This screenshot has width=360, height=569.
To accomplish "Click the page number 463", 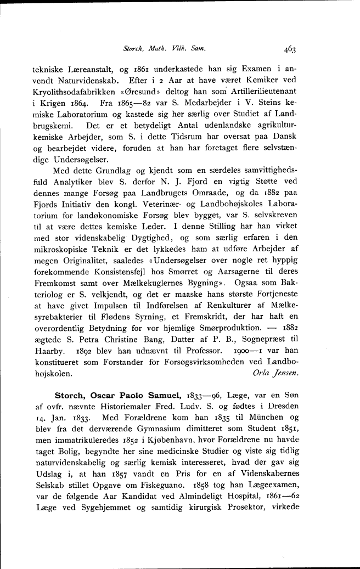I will [x=290, y=49].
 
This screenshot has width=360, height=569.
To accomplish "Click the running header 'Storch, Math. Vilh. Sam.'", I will [x=172, y=49].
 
